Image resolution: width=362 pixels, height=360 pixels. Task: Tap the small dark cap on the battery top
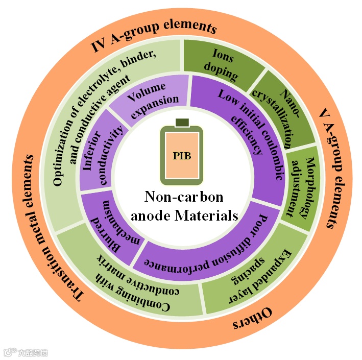pyautogui.click(x=182, y=123)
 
